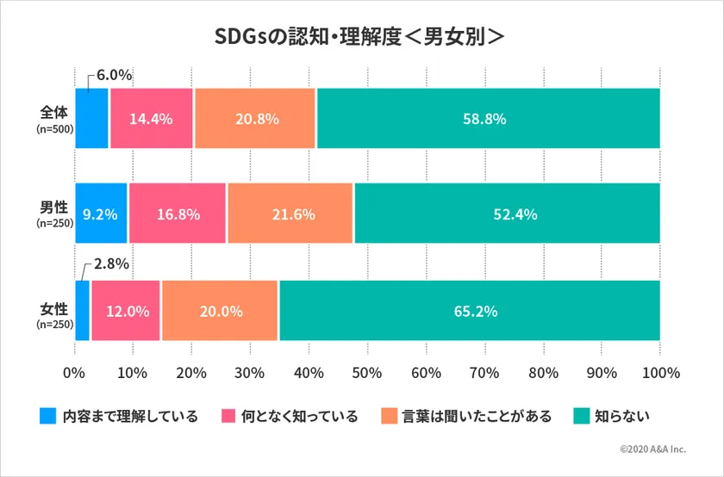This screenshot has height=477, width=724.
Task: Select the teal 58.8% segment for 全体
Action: pos(488,119)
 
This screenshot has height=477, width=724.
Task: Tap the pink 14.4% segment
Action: pos(151,119)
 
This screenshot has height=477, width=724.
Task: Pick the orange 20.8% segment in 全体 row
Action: pos(255,119)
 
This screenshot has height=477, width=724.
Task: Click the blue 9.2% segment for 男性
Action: pos(101,214)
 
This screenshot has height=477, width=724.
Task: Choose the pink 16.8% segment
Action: pos(178,214)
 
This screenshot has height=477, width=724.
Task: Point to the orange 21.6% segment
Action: pos(290,214)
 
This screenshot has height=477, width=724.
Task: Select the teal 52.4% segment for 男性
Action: pos(507,214)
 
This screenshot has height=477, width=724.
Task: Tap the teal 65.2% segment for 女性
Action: pos(470,311)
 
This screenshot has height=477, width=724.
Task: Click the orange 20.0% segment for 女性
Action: pos(220,311)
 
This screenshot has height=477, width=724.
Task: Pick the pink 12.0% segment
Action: pos(126,311)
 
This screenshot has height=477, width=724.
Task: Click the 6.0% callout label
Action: pos(114,75)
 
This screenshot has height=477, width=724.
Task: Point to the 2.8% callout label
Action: pos(111,263)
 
